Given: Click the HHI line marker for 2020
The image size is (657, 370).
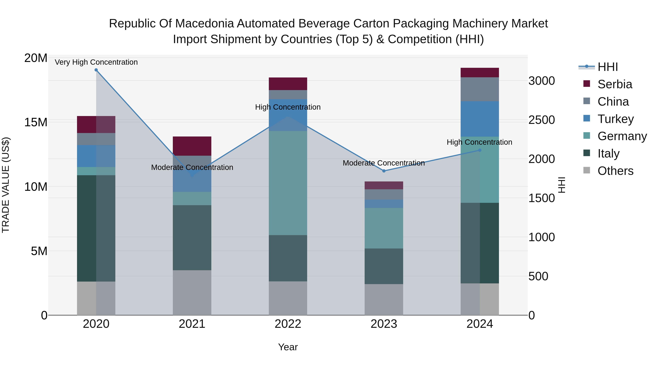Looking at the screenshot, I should point(96,70).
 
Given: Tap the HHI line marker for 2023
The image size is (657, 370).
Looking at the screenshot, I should point(384,171).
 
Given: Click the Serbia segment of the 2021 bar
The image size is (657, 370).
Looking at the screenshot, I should point(192,146).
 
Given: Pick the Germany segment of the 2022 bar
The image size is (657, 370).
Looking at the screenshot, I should point(288,183).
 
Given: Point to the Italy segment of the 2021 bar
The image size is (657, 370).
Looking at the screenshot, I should point(192,238).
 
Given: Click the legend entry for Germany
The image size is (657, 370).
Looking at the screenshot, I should point(622,136).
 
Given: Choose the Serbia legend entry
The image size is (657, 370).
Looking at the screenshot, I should point(614,84).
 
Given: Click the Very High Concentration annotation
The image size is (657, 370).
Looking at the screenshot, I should point(96,62).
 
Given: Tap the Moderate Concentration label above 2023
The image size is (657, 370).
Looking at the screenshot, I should point(384,163).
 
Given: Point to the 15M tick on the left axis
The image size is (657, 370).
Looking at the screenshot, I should point(36,122).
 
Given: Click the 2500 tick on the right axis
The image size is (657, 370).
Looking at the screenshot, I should point(541,120).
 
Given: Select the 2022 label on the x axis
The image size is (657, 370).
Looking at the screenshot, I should point(288,324).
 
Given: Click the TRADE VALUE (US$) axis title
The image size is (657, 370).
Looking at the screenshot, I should point(6,185).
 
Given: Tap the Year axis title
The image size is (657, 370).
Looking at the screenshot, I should point(288,347).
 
